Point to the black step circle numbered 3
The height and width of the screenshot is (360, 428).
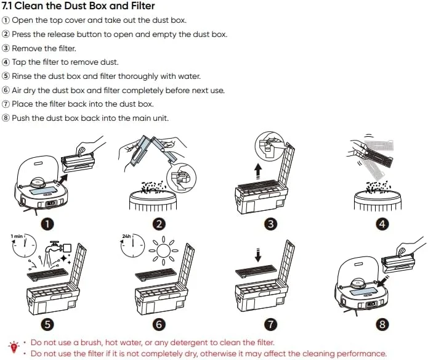tap(270, 224)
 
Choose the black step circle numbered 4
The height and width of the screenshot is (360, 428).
tap(382, 224)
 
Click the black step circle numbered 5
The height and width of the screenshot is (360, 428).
tap(47, 322)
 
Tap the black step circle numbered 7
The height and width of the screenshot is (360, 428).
tap(270, 322)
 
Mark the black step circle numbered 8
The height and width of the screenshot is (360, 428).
tap(382, 322)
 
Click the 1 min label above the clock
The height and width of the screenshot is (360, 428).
tap(17, 236)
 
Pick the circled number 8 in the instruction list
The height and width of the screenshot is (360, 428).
tap(6, 118)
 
